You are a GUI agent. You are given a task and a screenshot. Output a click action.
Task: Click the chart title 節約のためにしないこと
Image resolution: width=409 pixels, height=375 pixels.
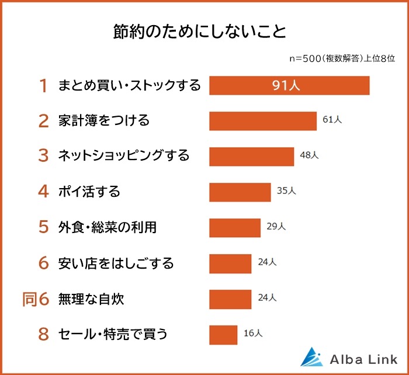[199, 31]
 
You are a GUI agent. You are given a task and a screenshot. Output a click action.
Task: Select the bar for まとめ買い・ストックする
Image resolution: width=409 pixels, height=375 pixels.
[289, 85]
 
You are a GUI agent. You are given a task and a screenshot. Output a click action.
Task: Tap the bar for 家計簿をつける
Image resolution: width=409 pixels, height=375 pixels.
[263, 121]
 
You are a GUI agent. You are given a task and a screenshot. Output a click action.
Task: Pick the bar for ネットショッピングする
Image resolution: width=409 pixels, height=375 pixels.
[251, 157]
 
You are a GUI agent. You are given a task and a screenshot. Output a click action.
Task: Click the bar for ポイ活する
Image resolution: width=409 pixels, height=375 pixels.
[240, 192]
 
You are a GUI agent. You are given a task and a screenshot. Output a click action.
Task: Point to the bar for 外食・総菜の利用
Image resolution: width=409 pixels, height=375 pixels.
[235, 228]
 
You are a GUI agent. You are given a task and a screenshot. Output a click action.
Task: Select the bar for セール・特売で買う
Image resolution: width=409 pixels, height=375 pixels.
[223, 335]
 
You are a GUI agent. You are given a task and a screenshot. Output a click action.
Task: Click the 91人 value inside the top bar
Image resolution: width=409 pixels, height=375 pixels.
[286, 86]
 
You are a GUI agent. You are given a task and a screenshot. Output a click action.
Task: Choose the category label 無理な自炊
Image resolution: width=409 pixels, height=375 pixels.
[91, 299]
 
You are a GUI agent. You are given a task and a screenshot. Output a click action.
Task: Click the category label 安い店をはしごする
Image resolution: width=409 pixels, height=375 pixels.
[116, 263]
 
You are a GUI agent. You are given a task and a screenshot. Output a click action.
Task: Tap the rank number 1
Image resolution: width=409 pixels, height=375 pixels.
[43, 86]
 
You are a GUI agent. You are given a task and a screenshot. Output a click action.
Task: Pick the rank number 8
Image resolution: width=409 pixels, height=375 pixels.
[43, 335]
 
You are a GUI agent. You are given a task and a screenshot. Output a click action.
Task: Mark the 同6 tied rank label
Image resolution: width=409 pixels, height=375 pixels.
[37, 299]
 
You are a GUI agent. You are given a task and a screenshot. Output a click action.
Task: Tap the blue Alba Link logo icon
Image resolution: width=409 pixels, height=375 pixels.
[311, 357]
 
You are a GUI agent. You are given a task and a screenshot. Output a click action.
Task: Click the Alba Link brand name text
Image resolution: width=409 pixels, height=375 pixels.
[361, 357]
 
